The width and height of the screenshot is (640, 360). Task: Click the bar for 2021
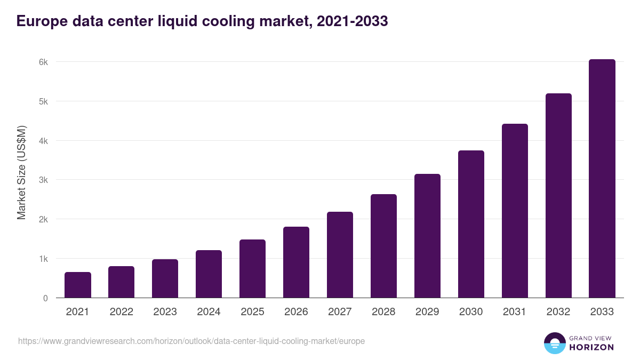(78, 285)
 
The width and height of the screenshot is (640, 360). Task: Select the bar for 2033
(602, 179)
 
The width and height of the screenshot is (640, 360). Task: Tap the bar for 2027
(340, 255)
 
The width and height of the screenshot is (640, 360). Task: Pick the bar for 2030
(471, 224)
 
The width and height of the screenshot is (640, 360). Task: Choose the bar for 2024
(209, 274)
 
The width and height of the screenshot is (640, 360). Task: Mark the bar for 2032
(558, 196)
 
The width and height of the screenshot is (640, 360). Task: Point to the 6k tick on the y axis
(43, 62)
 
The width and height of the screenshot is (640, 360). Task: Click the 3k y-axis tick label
(43, 180)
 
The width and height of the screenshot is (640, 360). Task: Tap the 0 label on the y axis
(45, 298)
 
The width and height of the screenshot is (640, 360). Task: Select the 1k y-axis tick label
(43, 259)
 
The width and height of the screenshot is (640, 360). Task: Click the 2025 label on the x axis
(252, 312)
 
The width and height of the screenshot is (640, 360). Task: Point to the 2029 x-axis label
(427, 312)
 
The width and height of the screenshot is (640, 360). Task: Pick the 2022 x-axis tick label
(121, 312)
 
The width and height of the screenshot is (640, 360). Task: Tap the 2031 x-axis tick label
(515, 312)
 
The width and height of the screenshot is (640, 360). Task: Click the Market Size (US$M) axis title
(21, 172)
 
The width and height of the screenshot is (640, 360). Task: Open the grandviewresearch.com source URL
(191, 341)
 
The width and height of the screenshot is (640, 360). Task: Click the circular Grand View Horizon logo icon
(555, 343)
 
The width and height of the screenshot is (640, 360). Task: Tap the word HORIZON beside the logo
(591, 347)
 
